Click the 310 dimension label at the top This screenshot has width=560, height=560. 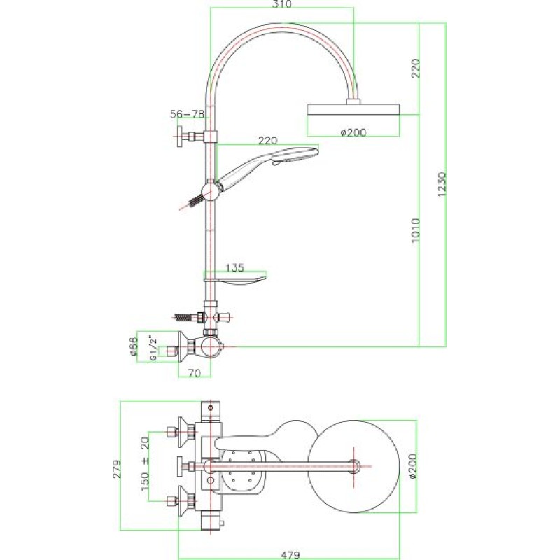point(282,4)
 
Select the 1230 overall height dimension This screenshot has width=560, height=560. point(442,184)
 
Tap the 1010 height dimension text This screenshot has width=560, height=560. point(415,231)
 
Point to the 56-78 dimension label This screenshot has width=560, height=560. point(187,114)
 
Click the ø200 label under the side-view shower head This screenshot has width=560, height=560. point(353,132)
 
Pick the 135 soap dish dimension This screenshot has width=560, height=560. point(235,267)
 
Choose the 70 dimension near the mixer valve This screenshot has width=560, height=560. point(195,373)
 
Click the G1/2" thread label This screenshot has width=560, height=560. point(153,347)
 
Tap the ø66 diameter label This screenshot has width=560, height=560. point(133,346)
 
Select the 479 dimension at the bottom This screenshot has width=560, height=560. point(290,554)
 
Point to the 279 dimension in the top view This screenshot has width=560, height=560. point(117,469)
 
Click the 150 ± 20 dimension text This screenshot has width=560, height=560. point(145,463)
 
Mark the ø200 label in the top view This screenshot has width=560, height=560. point(412,466)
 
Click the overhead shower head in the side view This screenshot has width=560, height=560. point(353,109)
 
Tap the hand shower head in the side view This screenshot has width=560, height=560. point(268,166)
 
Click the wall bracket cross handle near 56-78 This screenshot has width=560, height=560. point(181,136)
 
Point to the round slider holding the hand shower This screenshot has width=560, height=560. point(211,192)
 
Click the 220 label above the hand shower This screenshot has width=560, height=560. point(267,141)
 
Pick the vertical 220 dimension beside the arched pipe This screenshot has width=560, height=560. point(415,68)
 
